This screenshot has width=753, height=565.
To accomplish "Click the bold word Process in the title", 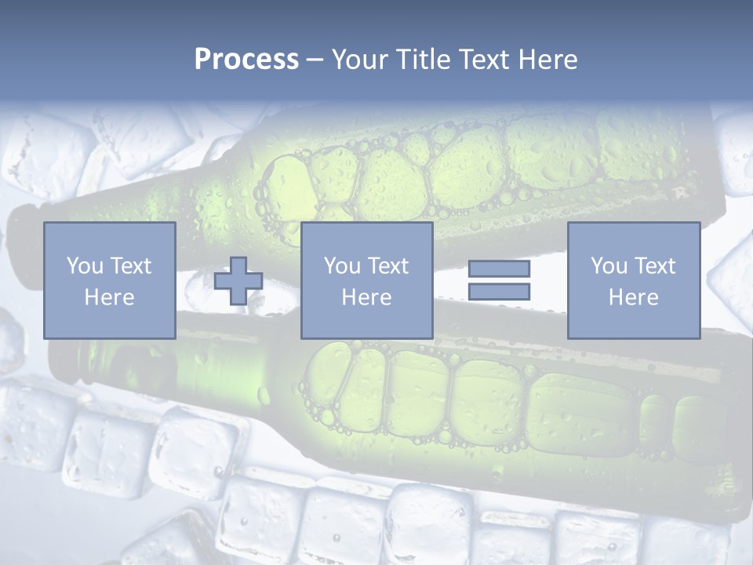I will (x=246, y=60).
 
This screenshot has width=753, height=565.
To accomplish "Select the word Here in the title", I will (x=547, y=60).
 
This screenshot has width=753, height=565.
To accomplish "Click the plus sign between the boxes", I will (x=238, y=281).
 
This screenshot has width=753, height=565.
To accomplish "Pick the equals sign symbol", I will (x=499, y=280).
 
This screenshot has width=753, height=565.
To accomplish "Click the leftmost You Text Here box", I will (x=109, y=280).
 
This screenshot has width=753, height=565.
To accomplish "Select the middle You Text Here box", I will (x=366, y=280).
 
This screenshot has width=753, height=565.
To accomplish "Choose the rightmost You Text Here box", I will (x=633, y=280).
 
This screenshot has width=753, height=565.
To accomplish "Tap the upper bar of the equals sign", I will (x=499, y=269).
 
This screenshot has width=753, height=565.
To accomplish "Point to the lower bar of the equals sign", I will (x=499, y=291).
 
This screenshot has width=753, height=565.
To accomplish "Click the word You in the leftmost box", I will (x=82, y=265).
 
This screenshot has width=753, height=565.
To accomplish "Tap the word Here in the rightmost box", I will (x=633, y=297).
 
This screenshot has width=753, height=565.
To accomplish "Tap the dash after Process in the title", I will (x=315, y=60).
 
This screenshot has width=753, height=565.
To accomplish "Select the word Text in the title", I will (x=482, y=60).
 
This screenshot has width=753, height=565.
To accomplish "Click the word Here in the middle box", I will (x=366, y=297).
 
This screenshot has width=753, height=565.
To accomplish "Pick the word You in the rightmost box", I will (x=608, y=265).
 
